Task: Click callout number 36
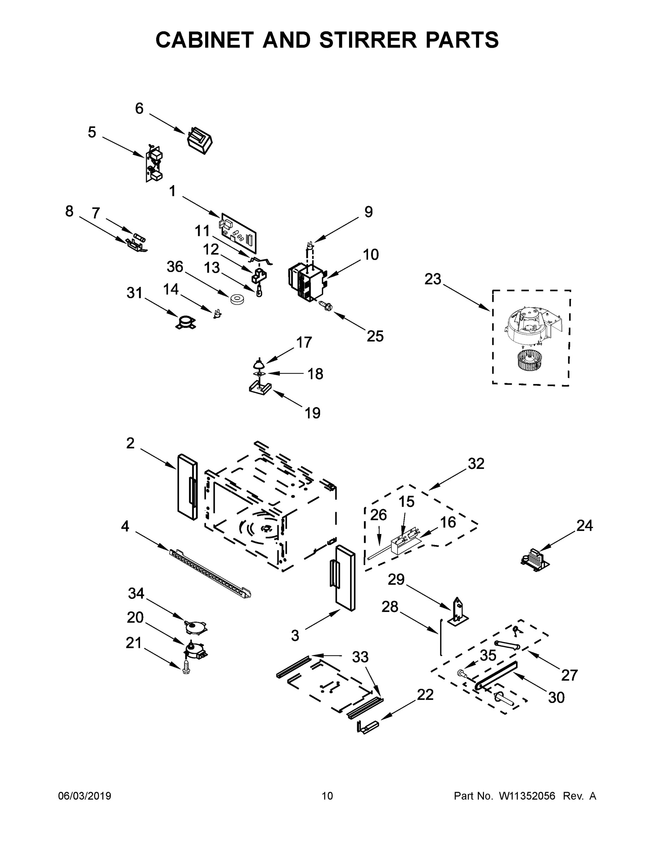point(175,266)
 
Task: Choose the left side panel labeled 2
point(187,487)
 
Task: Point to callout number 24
point(584,526)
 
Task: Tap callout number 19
point(312,413)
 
